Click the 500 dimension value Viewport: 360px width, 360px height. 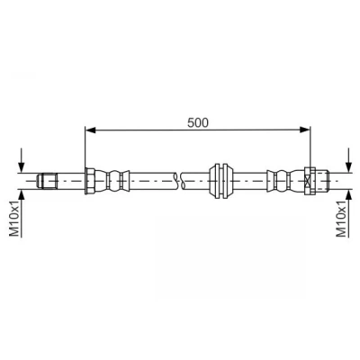pyautogui.click(x=198, y=122)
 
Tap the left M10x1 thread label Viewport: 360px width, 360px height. pyautogui.click(x=15, y=219)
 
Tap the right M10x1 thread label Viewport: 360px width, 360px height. pyautogui.click(x=342, y=219)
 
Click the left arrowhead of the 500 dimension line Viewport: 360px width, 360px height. pyautogui.click(x=90, y=130)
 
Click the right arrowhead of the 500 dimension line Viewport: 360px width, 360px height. pyautogui.click(x=305, y=130)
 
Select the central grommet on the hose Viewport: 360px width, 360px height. pyautogui.click(x=221, y=181)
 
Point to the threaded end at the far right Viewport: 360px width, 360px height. pyautogui.click(x=322, y=181)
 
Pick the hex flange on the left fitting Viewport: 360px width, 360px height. pyautogui.click(x=90, y=181)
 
